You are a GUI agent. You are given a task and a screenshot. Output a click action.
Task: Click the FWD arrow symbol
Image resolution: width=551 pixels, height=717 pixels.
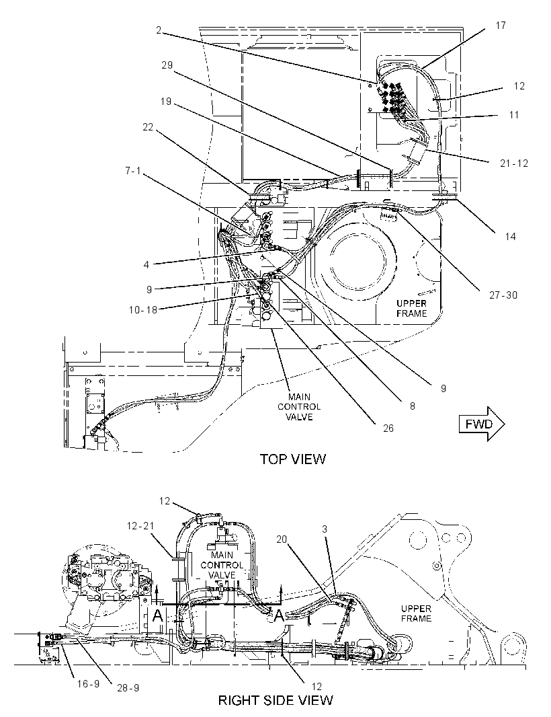coord(482,424)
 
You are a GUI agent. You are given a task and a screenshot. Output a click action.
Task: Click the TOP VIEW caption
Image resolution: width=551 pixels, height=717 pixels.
coord(293,459)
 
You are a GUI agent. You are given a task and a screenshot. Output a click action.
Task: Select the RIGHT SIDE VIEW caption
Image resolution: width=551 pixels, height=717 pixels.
coord(275,700)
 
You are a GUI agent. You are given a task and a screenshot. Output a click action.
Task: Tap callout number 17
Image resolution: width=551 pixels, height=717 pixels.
coord(501,26)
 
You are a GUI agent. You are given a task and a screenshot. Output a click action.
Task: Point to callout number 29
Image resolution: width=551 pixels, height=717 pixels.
coord(167,65)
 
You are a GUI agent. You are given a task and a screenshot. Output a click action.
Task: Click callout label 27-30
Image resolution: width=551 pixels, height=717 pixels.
coord(503,295)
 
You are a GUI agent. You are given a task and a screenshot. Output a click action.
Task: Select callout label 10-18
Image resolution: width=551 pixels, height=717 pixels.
coord(142,309)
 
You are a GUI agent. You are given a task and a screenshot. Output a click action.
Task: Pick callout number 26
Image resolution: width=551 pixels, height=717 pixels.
coord(388,428)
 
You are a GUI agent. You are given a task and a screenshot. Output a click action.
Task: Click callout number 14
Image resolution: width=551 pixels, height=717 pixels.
coord(510,236)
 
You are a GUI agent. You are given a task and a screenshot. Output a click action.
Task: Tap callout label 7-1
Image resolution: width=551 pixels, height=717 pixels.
coord(133,171)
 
